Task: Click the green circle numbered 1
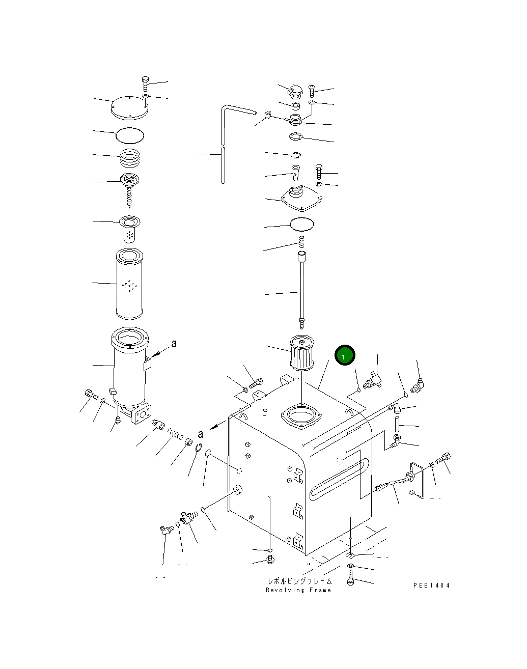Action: pyautogui.click(x=345, y=355)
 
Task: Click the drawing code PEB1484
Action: pyautogui.click(x=431, y=586)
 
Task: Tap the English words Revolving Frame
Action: pyautogui.click(x=298, y=590)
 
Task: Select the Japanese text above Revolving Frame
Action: pyautogui.click(x=300, y=581)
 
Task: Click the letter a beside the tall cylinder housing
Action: pyautogui.click(x=174, y=344)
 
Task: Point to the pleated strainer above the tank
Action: pyautogui.click(x=301, y=352)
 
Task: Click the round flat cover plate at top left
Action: pyautogui.click(x=129, y=107)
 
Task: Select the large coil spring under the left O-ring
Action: pyautogui.click(x=130, y=158)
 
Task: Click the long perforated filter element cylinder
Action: pyautogui.click(x=129, y=284)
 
